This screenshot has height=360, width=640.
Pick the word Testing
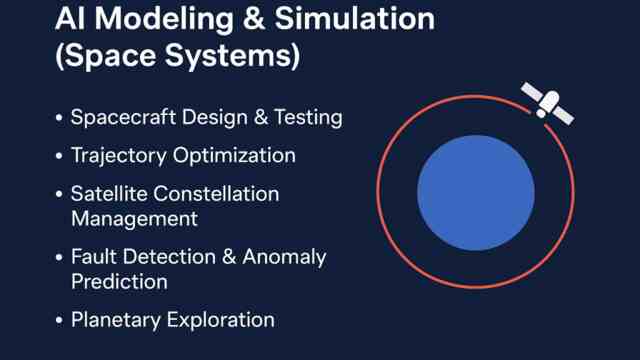click(x=304, y=118)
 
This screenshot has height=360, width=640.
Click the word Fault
click(x=96, y=257)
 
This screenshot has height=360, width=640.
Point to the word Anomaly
click(x=285, y=257)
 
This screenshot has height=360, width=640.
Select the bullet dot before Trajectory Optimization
click(x=59, y=156)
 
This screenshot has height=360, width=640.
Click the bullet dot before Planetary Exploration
click(x=59, y=321)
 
